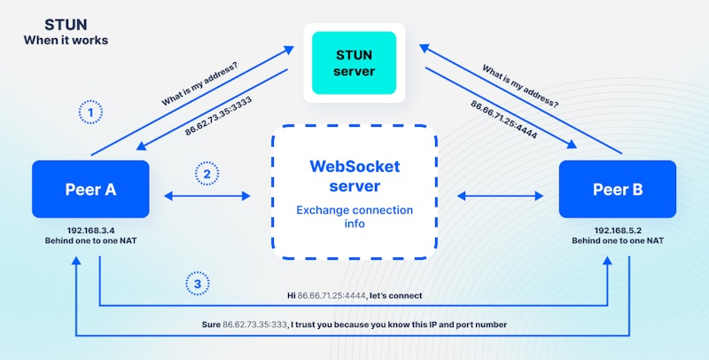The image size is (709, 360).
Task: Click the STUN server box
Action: click(x=354, y=63)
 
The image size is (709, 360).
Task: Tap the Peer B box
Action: click(x=617, y=189)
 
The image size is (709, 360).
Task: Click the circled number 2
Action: click(x=207, y=174)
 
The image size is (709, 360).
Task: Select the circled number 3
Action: click(x=198, y=284)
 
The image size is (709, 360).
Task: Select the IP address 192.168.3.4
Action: click(x=90, y=229)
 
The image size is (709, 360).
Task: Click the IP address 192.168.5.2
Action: click(x=617, y=229)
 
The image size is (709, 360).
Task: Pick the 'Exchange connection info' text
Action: click(x=354, y=216)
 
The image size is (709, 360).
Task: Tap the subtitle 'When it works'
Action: click(x=66, y=40)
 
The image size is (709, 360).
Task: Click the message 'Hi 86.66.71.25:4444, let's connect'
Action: click(x=354, y=295)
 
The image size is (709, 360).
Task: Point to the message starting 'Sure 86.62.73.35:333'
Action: click(x=354, y=325)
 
